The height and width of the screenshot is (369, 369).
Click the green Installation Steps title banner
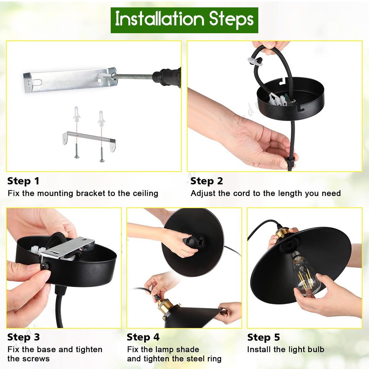click(x=184, y=20)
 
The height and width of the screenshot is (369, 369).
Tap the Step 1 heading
click(x=23, y=181)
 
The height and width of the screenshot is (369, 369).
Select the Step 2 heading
click(x=207, y=181)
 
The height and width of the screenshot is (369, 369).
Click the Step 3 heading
click(x=24, y=337)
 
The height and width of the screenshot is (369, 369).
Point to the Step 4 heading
click(x=143, y=337)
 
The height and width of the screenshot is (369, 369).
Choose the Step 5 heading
click(x=263, y=337)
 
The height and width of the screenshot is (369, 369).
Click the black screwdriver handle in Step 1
click(x=167, y=77)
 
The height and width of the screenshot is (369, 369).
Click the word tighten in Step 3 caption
click(x=89, y=350)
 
